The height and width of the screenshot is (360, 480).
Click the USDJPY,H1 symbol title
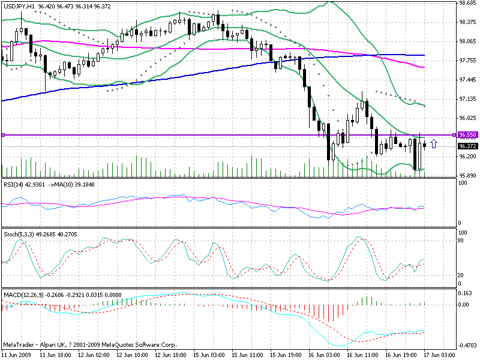[x=19, y=5]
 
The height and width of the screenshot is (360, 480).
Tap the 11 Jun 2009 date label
[x=16, y=355]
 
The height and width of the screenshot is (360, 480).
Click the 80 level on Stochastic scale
[x=461, y=240]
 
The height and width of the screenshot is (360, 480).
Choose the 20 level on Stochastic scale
[x=461, y=275]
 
